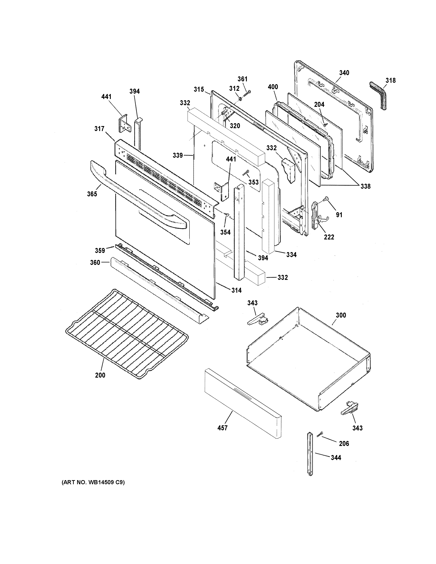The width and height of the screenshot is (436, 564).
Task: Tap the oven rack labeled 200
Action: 127,333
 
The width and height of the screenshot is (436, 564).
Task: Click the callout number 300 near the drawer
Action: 341,315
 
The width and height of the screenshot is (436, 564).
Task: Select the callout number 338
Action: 365,186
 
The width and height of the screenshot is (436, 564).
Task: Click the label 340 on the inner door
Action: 344,73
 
